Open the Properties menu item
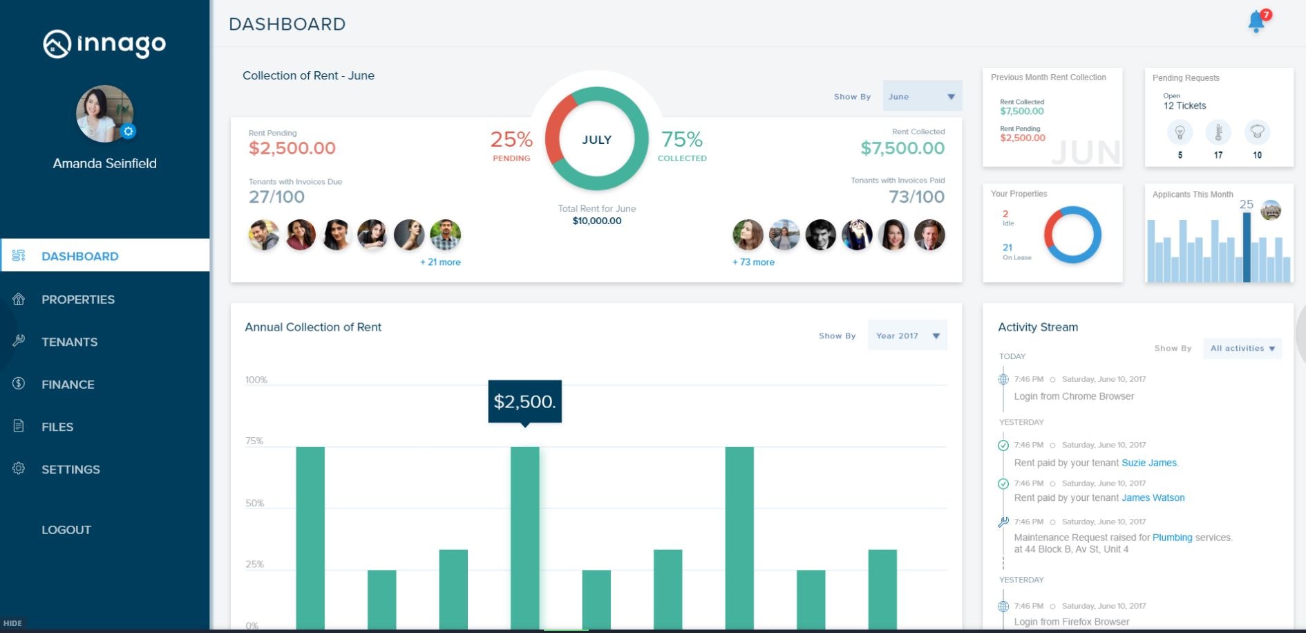77,300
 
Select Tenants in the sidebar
69,342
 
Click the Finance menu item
68,385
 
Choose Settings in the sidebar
70,470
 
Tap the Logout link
66,530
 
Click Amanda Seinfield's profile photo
104,113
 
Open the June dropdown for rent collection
922,97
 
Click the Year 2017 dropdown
907,336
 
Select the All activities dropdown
1242,349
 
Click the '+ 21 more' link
440,262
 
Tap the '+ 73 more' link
753,262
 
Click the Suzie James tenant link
1148,463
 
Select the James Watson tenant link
1153,498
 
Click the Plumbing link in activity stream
1172,538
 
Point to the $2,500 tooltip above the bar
524,401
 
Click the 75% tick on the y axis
254,441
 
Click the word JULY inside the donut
596,140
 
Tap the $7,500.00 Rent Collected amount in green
902,148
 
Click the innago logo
104,44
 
